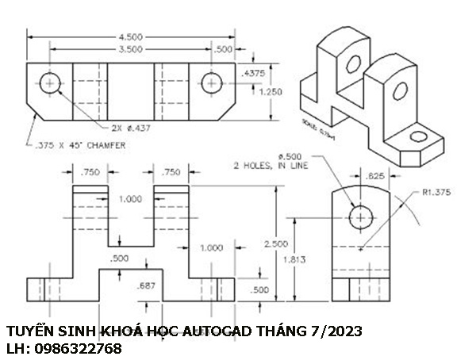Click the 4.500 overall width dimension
pyautogui.click(x=132, y=36)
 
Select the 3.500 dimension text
pyautogui.click(x=132, y=49)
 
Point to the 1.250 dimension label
pyautogui.click(x=270, y=91)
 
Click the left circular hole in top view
pyautogui.click(x=52, y=82)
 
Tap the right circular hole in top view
pyautogui.click(x=211, y=82)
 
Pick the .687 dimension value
pyautogui.click(x=145, y=285)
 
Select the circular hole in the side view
pyautogui.click(x=361, y=216)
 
